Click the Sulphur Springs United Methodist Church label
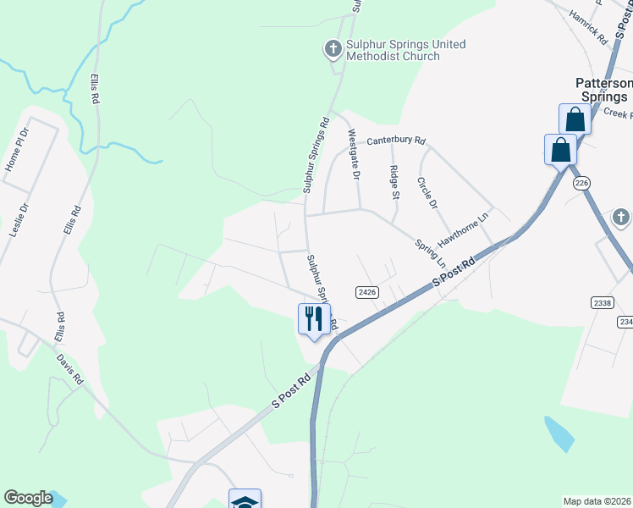click(397, 51)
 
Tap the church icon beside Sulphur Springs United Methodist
click(333, 49)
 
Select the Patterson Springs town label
click(604, 90)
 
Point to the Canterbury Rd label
click(396, 141)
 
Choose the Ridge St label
click(394, 182)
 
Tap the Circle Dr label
click(427, 193)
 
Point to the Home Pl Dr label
click(17, 150)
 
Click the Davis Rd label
click(69, 369)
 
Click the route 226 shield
click(581, 183)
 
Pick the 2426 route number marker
click(366, 292)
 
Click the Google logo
click(28, 498)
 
